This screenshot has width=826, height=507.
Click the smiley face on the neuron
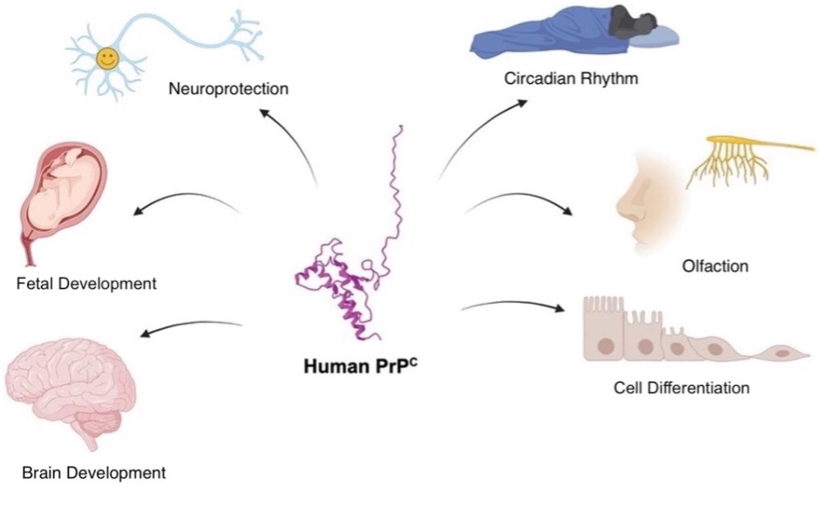click(x=106, y=57)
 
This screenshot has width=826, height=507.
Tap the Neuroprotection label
click(x=228, y=86)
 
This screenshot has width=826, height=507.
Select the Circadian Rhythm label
click(x=571, y=79)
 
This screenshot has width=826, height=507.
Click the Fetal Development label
click(x=86, y=284)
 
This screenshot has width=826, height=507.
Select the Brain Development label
click(x=94, y=472)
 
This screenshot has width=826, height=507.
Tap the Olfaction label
click(x=715, y=265)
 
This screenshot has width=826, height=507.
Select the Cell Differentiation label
click(x=681, y=388)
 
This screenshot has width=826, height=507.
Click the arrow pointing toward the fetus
click(x=186, y=202)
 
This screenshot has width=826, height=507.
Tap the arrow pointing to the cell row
click(x=512, y=305)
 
